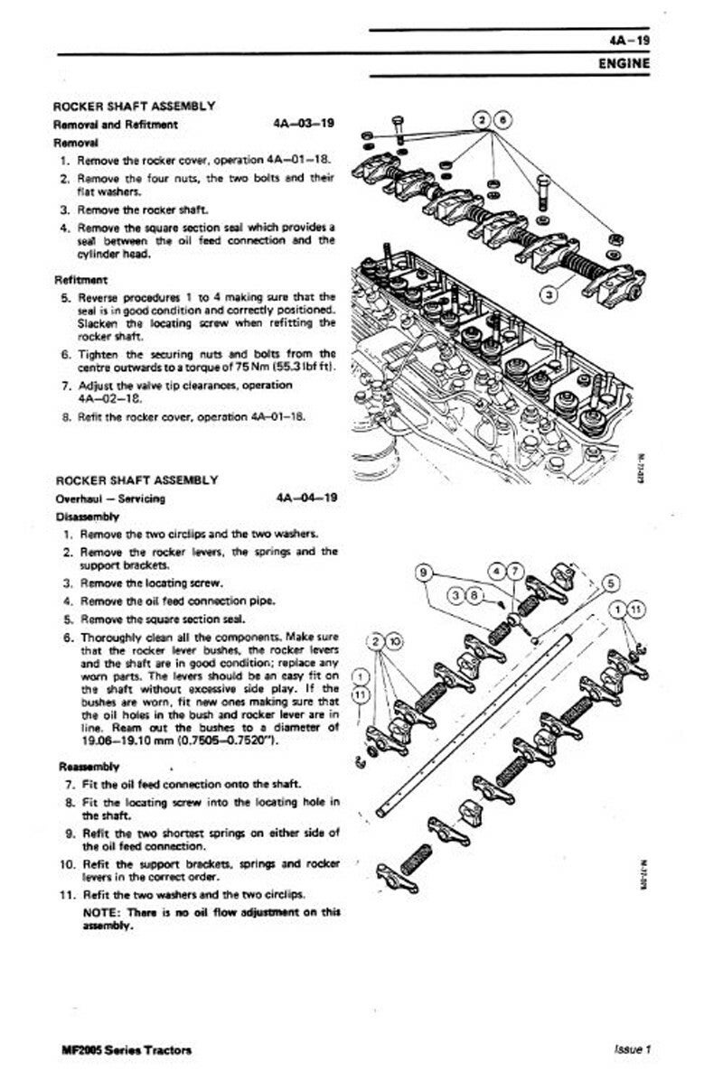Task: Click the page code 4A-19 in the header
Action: point(630,42)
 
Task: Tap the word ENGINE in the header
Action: point(624,64)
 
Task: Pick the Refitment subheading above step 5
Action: point(81,280)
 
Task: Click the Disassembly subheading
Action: point(87,517)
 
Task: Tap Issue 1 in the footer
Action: point(633,1049)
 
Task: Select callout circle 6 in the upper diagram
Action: point(503,120)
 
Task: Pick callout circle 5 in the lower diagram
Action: point(610,582)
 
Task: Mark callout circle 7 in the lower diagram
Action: point(515,572)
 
